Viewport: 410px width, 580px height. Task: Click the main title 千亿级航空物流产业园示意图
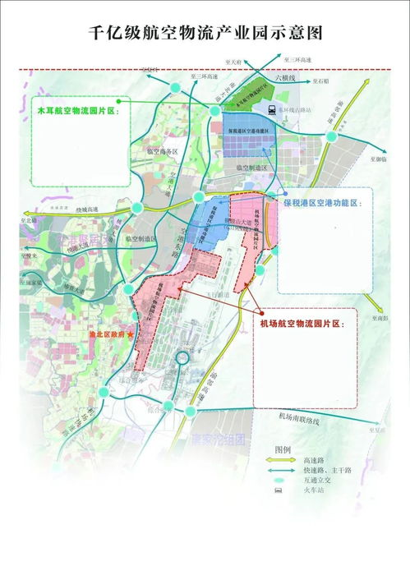click(205, 34)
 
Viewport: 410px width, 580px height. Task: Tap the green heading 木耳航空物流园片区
click(76, 109)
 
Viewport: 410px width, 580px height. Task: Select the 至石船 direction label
click(319, 82)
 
